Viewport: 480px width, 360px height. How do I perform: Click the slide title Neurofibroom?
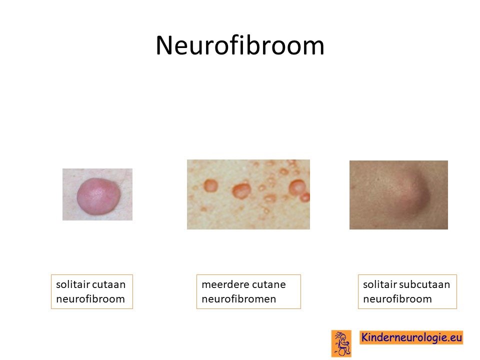point(239,45)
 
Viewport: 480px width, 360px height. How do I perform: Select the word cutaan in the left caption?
point(110,284)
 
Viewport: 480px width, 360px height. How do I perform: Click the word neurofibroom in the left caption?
point(90,299)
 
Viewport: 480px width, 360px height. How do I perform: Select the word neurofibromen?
point(239,299)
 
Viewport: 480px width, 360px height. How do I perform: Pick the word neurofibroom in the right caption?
point(397,299)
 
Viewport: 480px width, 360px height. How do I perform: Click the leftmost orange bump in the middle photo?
point(210,185)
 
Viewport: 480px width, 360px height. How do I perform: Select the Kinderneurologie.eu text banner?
point(411,337)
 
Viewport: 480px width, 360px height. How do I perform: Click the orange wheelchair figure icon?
point(341,343)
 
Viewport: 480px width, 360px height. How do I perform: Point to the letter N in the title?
point(165,45)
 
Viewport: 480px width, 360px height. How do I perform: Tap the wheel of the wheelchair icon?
point(342,351)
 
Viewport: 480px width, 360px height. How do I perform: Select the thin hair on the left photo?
point(123,177)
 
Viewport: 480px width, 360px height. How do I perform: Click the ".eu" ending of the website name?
point(454,337)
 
